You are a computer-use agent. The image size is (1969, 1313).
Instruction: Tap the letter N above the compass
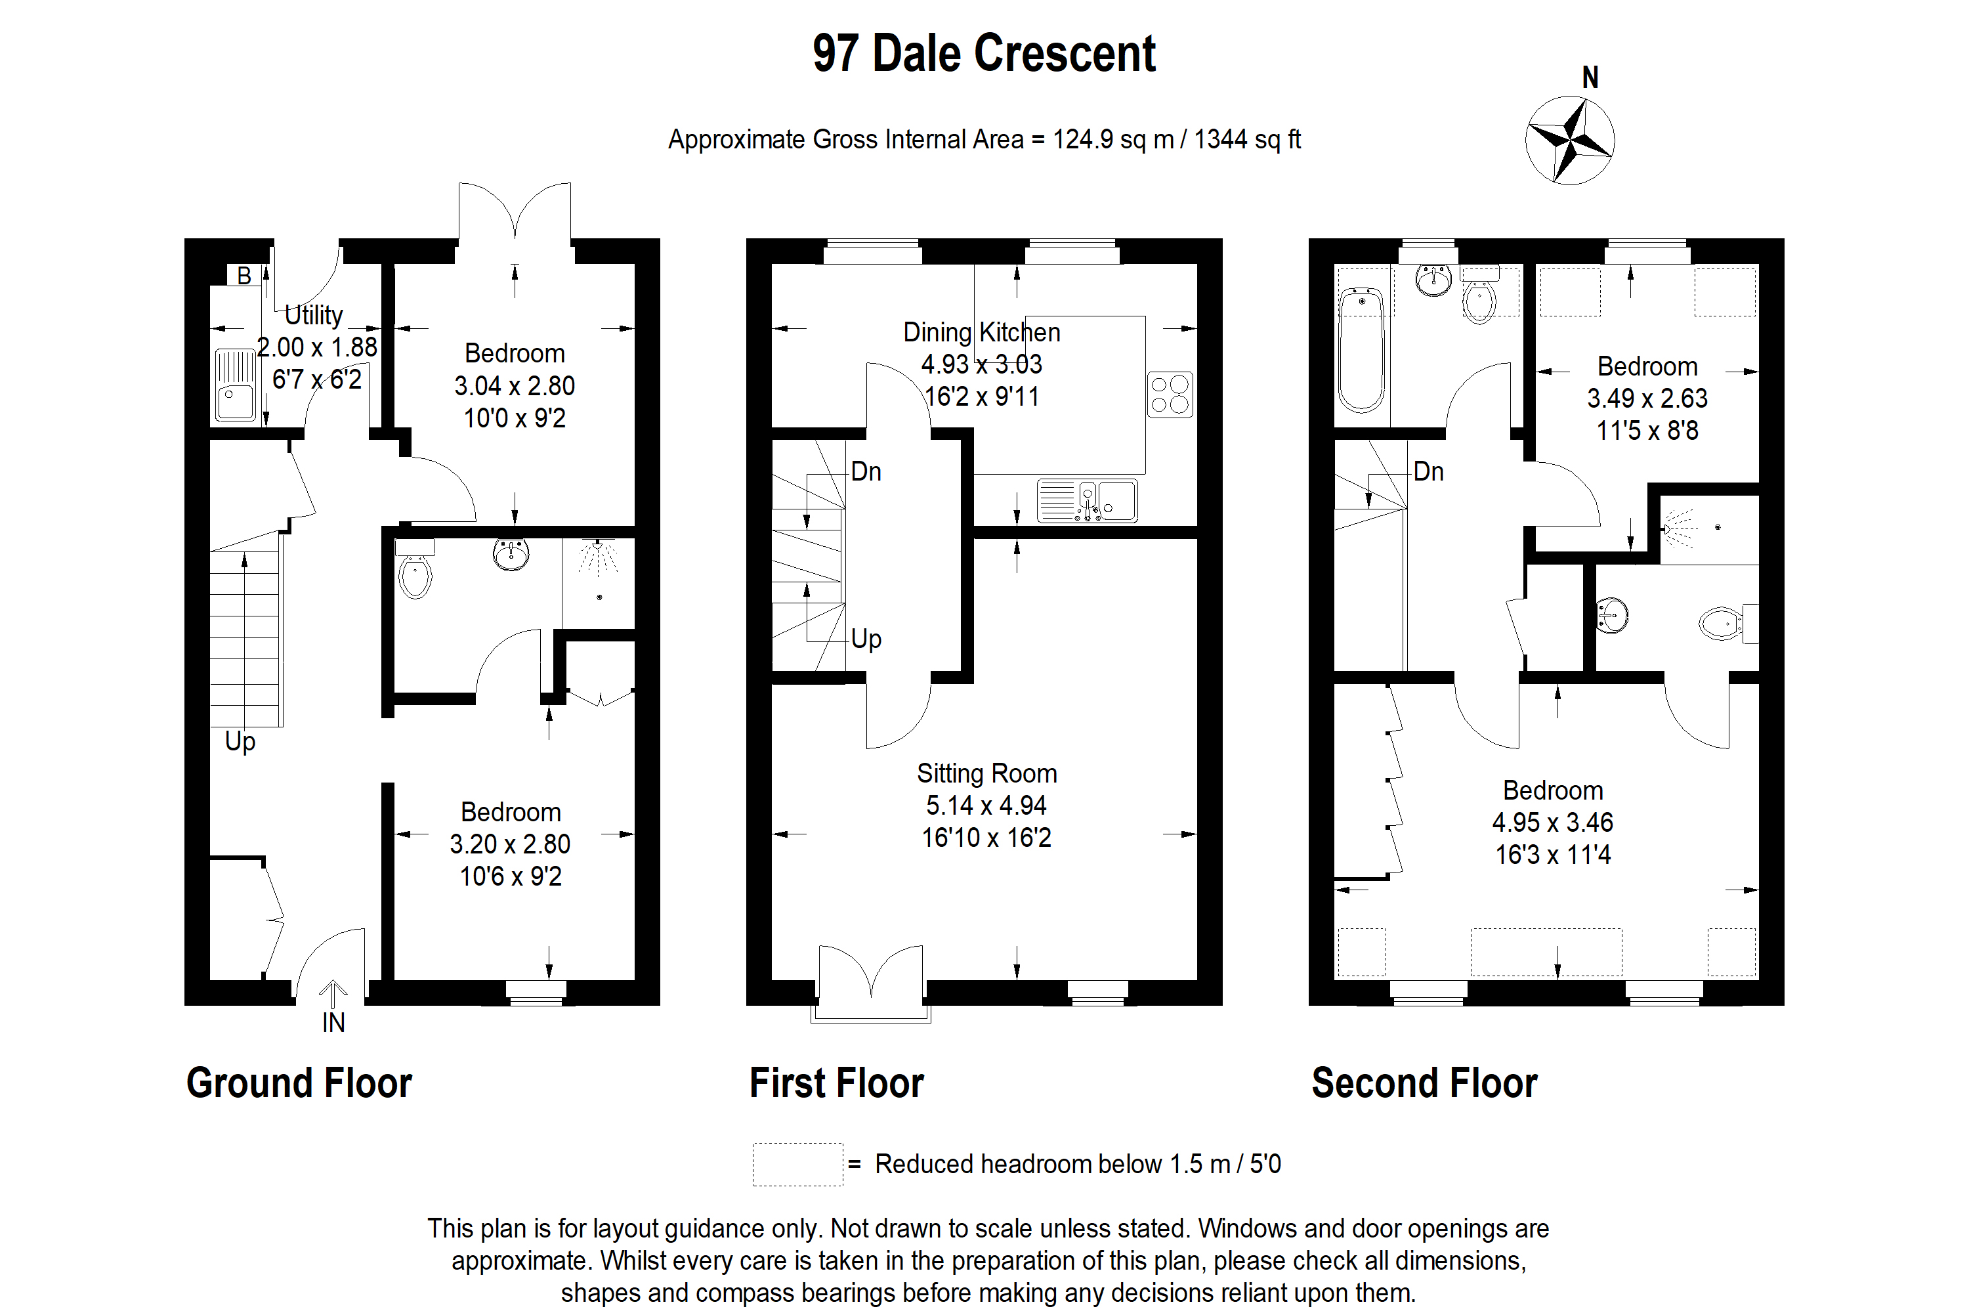tap(1590, 78)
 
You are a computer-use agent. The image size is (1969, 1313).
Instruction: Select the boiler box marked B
tap(243, 276)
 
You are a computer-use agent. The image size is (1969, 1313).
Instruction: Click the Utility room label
tap(314, 315)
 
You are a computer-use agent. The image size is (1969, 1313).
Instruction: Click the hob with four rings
tap(1170, 395)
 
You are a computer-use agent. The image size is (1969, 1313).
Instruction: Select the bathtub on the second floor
tap(1361, 350)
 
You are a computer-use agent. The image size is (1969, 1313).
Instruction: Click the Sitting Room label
tap(986, 773)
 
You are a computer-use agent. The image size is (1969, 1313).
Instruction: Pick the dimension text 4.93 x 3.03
tap(981, 364)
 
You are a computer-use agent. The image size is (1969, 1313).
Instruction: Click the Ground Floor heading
tap(299, 1083)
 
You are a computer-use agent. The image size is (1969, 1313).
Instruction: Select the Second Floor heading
tap(1424, 1083)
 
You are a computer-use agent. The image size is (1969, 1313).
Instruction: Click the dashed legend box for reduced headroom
tap(797, 1164)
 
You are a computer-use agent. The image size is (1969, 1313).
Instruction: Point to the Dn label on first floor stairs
tap(866, 471)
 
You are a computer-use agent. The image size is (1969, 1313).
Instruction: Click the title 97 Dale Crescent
tap(984, 54)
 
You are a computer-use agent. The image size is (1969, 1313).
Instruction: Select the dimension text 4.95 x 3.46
tap(1552, 823)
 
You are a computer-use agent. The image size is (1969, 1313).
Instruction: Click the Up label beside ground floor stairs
tap(240, 741)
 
